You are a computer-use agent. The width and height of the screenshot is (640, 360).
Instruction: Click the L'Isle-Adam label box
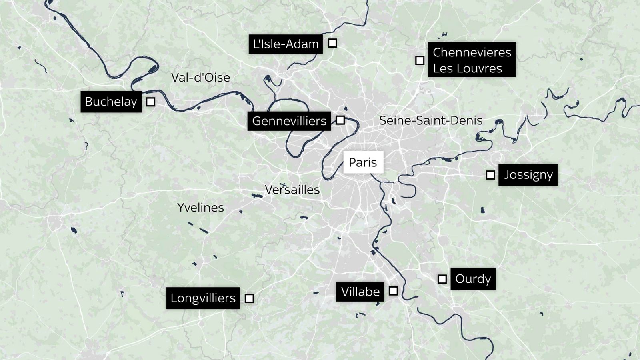coord(286,44)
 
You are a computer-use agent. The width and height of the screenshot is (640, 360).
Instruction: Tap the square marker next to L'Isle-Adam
coord(332,43)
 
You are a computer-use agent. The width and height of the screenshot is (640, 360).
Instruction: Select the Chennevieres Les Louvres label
coord(472,60)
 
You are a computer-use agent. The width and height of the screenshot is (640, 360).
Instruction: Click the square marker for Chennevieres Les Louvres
coord(420,60)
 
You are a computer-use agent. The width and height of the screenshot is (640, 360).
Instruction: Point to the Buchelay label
coord(111,102)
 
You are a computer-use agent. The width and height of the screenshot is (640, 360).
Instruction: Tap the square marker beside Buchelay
coord(150,102)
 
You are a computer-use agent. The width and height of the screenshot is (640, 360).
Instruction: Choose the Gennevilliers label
coord(289,121)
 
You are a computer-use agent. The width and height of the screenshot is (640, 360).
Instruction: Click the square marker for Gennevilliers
coord(340,120)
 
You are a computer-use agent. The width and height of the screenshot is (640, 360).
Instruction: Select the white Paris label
coord(363,162)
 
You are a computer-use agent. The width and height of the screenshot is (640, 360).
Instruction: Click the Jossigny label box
coord(528,175)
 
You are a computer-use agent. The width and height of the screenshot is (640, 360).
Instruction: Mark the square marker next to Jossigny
coord(490,175)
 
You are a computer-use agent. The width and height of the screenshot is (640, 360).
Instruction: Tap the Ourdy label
coord(473,279)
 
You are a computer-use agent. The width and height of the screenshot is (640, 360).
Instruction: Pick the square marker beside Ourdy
coord(442,279)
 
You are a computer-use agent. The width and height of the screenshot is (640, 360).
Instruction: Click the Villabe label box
coord(360,292)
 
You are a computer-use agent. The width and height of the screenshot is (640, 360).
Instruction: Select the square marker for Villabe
coord(394,291)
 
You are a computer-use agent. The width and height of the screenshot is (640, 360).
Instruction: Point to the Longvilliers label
coord(203,298)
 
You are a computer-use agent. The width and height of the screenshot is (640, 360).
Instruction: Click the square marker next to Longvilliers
coord(249,298)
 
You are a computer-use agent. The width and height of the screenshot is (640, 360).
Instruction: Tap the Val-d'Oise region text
coord(200,78)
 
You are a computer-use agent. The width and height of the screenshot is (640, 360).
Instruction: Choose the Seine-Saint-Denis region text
coord(430,120)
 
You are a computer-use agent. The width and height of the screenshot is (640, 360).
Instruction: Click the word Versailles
coord(292,190)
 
